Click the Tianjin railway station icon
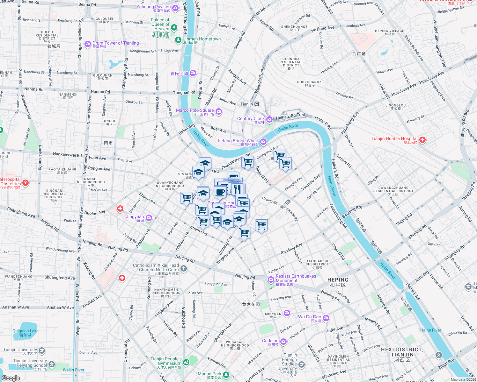(x=257, y=104)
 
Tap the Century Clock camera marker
(x=269, y=119)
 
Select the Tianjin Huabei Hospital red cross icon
(x=422, y=139)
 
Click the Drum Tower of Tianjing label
(x=115, y=43)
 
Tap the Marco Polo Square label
(x=195, y=110)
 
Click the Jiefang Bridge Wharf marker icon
(x=263, y=142)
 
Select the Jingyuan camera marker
(x=149, y=218)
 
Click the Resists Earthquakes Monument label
(x=296, y=278)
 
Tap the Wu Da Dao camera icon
(x=326, y=318)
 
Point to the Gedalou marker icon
(x=283, y=342)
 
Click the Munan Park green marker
(x=226, y=375)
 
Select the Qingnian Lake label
(x=26, y=331)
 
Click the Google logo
(x=11, y=378)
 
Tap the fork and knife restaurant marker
(x=237, y=189)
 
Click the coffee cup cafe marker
(x=220, y=192)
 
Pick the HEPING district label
(x=338, y=280)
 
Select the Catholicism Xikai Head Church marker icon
(x=183, y=268)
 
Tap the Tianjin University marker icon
(x=42, y=350)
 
